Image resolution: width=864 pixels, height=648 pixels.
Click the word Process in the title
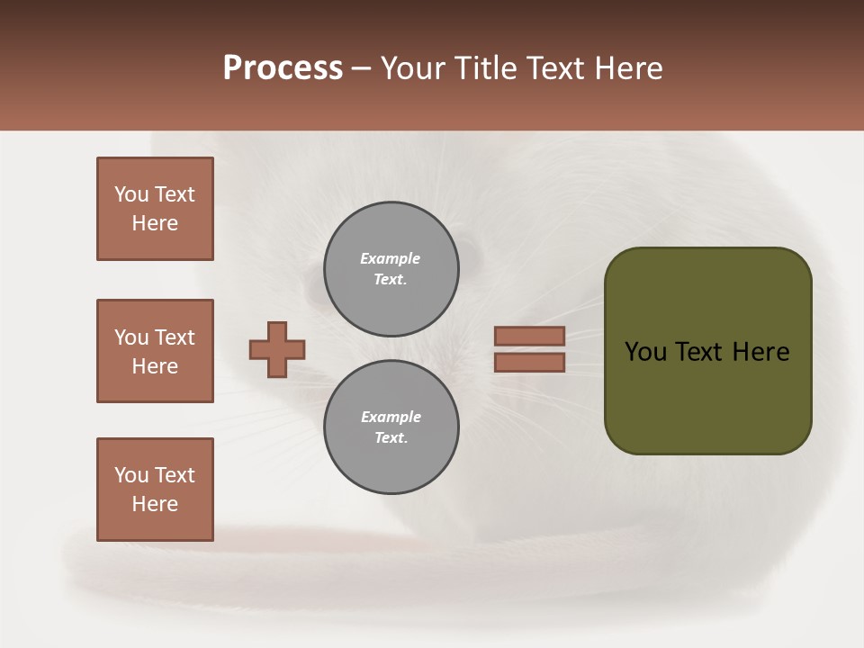pyautogui.click(x=283, y=68)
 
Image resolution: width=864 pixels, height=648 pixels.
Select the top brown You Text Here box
pyautogui.click(x=155, y=209)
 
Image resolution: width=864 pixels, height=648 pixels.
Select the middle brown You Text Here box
pyautogui.click(x=155, y=351)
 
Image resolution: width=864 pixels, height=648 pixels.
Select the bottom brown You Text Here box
pyautogui.click(x=155, y=490)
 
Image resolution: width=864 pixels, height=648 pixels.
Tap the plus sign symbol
pyautogui.click(x=277, y=349)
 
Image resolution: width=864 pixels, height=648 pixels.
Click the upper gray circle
pyautogui.click(x=391, y=269)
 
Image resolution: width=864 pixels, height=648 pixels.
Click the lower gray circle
pyautogui.click(x=391, y=427)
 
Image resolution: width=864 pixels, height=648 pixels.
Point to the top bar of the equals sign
pyautogui.click(x=529, y=336)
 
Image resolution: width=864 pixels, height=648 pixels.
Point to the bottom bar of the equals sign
pyautogui.click(x=529, y=362)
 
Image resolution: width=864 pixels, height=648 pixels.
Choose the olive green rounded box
pyautogui.click(x=707, y=350)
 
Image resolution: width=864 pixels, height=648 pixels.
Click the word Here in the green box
pyautogui.click(x=760, y=352)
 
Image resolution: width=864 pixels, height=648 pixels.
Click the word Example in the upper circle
pyautogui.click(x=390, y=258)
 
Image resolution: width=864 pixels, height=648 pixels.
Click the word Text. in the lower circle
pyautogui.click(x=391, y=438)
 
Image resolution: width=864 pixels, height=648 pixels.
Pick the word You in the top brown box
pyautogui.click(x=131, y=194)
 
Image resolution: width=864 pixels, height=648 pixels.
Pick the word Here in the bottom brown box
pyautogui.click(x=155, y=504)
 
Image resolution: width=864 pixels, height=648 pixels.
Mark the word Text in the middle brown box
pyautogui.click(x=175, y=337)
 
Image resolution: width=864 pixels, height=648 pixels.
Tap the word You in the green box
pyautogui.click(x=646, y=352)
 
